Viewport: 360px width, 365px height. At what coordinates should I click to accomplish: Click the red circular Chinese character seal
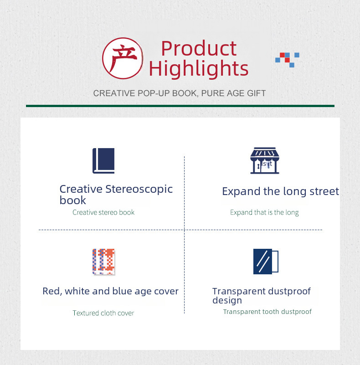click(x=123, y=58)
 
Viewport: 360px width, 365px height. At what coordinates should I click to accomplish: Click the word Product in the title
click(x=199, y=48)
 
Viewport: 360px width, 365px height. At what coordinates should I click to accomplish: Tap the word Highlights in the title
click(x=199, y=69)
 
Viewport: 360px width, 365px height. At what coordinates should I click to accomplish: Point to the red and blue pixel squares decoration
click(x=287, y=60)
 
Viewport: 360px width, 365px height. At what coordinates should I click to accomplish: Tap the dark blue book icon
click(x=103, y=160)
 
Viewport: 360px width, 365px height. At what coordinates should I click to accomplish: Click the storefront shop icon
click(x=265, y=160)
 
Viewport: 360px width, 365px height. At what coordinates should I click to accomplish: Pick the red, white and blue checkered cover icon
click(x=103, y=262)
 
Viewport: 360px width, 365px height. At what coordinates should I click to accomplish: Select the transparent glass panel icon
click(x=266, y=262)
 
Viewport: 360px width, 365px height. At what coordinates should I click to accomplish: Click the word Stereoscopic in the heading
click(x=139, y=190)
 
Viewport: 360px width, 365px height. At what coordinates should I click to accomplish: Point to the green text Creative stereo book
click(x=103, y=212)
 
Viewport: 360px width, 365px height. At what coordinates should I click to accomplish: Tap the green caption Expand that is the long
click(x=264, y=212)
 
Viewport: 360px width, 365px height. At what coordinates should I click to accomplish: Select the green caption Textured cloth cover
click(x=103, y=313)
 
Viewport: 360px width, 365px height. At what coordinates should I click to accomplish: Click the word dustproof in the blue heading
click(x=289, y=292)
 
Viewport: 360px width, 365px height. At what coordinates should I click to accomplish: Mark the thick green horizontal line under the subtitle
click(x=180, y=106)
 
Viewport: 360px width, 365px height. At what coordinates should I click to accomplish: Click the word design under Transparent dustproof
click(x=227, y=300)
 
